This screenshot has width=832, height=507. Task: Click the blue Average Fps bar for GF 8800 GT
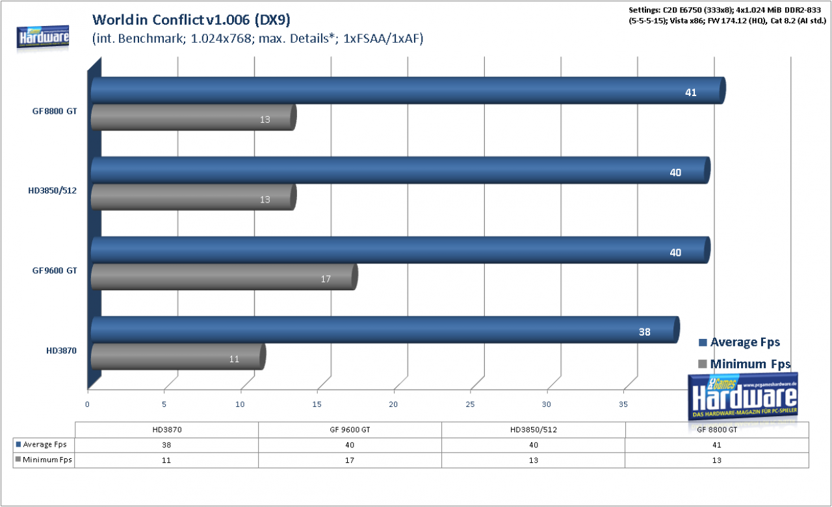tap(408, 90)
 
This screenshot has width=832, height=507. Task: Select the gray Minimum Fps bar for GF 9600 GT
tap(224, 277)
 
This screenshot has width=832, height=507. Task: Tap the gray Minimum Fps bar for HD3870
tap(178, 356)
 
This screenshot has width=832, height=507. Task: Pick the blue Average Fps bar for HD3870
tap(385, 330)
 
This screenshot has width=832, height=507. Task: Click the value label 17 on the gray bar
tap(326, 279)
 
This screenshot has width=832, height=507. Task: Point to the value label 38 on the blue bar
tap(644, 332)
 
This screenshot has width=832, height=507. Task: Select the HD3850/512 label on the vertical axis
tap(53, 191)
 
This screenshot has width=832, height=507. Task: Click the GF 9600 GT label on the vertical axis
tap(55, 270)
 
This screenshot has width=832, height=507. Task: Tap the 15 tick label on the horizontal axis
tap(317, 404)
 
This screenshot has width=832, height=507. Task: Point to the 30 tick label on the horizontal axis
tap(547, 404)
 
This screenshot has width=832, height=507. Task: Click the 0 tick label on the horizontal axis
tap(87, 404)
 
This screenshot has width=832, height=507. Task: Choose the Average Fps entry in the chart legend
tap(739, 342)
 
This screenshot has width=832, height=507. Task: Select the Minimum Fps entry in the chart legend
tap(744, 364)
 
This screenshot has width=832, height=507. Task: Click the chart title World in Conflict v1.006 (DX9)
tap(191, 19)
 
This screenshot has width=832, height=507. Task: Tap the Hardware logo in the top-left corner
tap(43, 37)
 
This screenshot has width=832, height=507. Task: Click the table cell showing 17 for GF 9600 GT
tap(350, 460)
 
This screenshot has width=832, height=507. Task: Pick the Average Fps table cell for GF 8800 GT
tap(717, 445)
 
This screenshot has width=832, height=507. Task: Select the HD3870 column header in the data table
tap(167, 430)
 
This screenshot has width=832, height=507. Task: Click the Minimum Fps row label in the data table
tap(44, 460)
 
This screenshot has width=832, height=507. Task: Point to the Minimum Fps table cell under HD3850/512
tap(534, 460)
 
